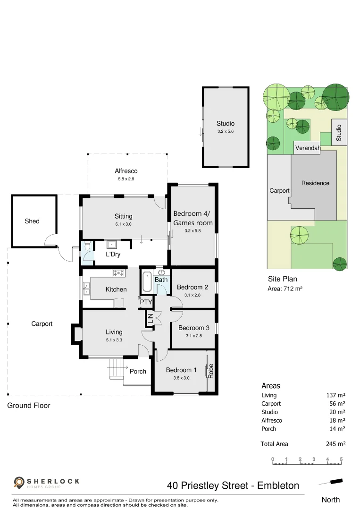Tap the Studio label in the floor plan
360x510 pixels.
point(226,124)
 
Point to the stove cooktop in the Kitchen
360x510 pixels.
point(118,272)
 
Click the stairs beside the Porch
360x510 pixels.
point(116,369)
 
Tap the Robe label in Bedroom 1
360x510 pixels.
point(211,370)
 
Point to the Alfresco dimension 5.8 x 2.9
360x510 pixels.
point(126,179)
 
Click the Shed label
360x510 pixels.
point(32,221)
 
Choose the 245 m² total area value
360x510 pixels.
point(336,444)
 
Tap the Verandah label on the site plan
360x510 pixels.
point(308,148)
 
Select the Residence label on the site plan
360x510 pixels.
point(315,183)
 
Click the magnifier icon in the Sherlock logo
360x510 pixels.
point(19,483)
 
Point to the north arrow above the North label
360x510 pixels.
point(330,482)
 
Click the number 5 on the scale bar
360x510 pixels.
point(341,459)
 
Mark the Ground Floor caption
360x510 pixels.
point(28,405)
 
